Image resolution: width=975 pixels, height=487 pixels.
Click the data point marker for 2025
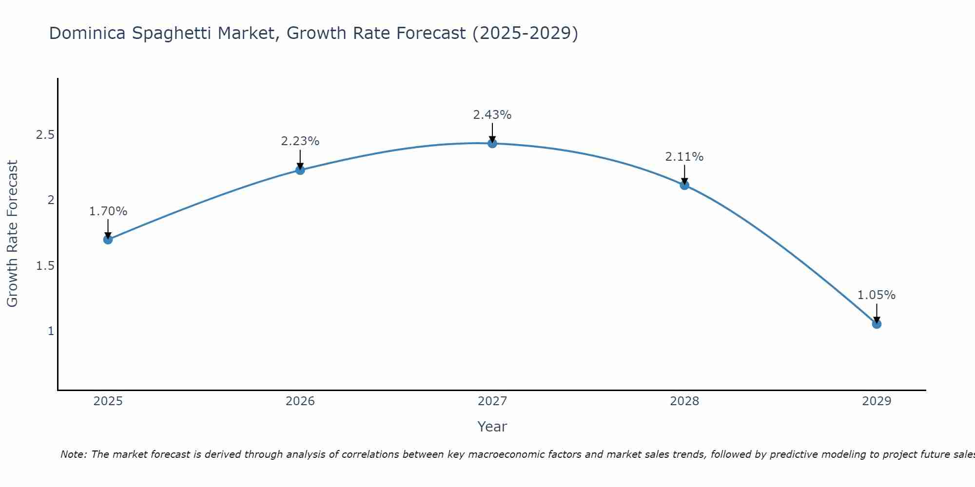pyautogui.click(x=108, y=240)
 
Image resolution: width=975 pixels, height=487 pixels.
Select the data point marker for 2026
pyautogui.click(x=300, y=170)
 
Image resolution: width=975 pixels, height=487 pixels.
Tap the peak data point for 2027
pyautogui.click(x=492, y=143)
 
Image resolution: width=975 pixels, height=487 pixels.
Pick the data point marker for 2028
pyautogui.click(x=684, y=185)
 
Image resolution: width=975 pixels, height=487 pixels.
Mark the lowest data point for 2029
pyautogui.click(x=877, y=324)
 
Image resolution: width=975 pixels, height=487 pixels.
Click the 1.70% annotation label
pyautogui.click(x=108, y=211)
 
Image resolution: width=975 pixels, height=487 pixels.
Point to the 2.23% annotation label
pyautogui.click(x=300, y=141)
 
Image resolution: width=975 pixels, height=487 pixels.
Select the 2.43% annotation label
pyautogui.click(x=492, y=115)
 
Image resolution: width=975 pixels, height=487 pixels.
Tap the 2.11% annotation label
pyautogui.click(x=684, y=157)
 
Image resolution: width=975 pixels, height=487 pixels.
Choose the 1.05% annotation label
pyautogui.click(x=877, y=295)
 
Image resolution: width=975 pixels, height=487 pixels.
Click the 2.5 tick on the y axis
pyautogui.click(x=45, y=135)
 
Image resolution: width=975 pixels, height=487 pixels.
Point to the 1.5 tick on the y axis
pyautogui.click(x=45, y=266)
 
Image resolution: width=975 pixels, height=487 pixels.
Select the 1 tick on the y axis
pyautogui.click(x=51, y=331)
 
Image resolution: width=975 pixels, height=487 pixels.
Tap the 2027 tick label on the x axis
pyautogui.click(x=492, y=401)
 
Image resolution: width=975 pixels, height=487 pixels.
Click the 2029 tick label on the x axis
pyautogui.click(x=877, y=401)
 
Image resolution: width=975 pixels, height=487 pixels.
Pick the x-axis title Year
pyautogui.click(x=492, y=427)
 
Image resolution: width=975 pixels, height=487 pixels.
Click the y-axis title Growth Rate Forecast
pyautogui.click(x=13, y=234)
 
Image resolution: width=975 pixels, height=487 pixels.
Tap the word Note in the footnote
pyautogui.click(x=73, y=454)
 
